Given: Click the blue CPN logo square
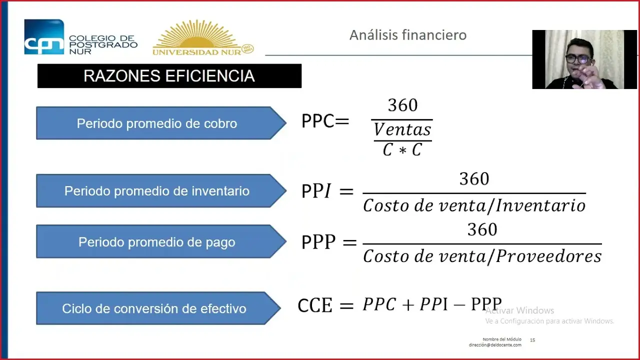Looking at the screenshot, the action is pyautogui.click(x=44, y=36).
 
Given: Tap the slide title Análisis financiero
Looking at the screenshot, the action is pyautogui.click(x=408, y=35).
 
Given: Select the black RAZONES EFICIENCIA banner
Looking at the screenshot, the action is pyautogui.click(x=169, y=75).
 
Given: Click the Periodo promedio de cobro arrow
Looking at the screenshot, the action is pyautogui.click(x=161, y=123).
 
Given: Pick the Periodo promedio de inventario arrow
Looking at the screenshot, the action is pyautogui.click(x=161, y=190).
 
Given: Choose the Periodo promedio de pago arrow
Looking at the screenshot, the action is pyautogui.click(x=161, y=241).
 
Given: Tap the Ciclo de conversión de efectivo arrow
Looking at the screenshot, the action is pyautogui.click(x=158, y=308).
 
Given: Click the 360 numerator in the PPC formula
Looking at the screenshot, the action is pyautogui.click(x=402, y=105).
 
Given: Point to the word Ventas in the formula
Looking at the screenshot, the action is pyautogui.click(x=402, y=129).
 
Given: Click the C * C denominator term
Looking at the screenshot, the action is pyautogui.click(x=402, y=149).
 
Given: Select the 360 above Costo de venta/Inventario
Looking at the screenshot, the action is pyautogui.click(x=474, y=179).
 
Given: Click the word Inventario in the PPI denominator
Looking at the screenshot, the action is pyautogui.click(x=541, y=205).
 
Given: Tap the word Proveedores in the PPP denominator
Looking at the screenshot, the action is pyautogui.click(x=549, y=256).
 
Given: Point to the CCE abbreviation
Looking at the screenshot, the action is pyautogui.click(x=315, y=305).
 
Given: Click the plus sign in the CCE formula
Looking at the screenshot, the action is pyautogui.click(x=408, y=305).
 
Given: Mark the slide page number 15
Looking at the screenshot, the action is pyautogui.click(x=532, y=340).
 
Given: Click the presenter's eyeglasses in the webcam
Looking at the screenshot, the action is pyautogui.click(x=577, y=59).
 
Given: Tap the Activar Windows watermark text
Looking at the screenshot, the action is pyautogui.click(x=520, y=310).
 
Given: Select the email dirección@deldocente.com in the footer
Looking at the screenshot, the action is pyautogui.click(x=495, y=345).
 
